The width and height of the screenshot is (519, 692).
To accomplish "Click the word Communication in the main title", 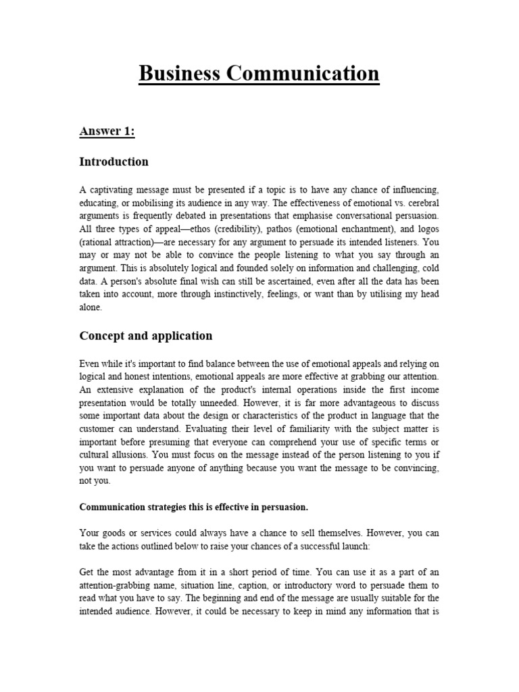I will pyautogui.click(x=303, y=73).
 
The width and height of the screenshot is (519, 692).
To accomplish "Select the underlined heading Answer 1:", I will pyautogui.click(x=107, y=131).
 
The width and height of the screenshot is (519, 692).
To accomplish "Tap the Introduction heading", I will pyautogui.click(x=114, y=162).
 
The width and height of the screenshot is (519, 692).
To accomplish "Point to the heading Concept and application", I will pyautogui.click(x=145, y=336).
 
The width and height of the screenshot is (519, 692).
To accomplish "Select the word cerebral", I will pyautogui.click(x=420, y=204).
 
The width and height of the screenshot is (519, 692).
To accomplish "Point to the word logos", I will pyautogui.click(x=424, y=230).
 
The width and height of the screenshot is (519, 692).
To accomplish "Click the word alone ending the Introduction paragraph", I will pyautogui.click(x=91, y=307).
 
